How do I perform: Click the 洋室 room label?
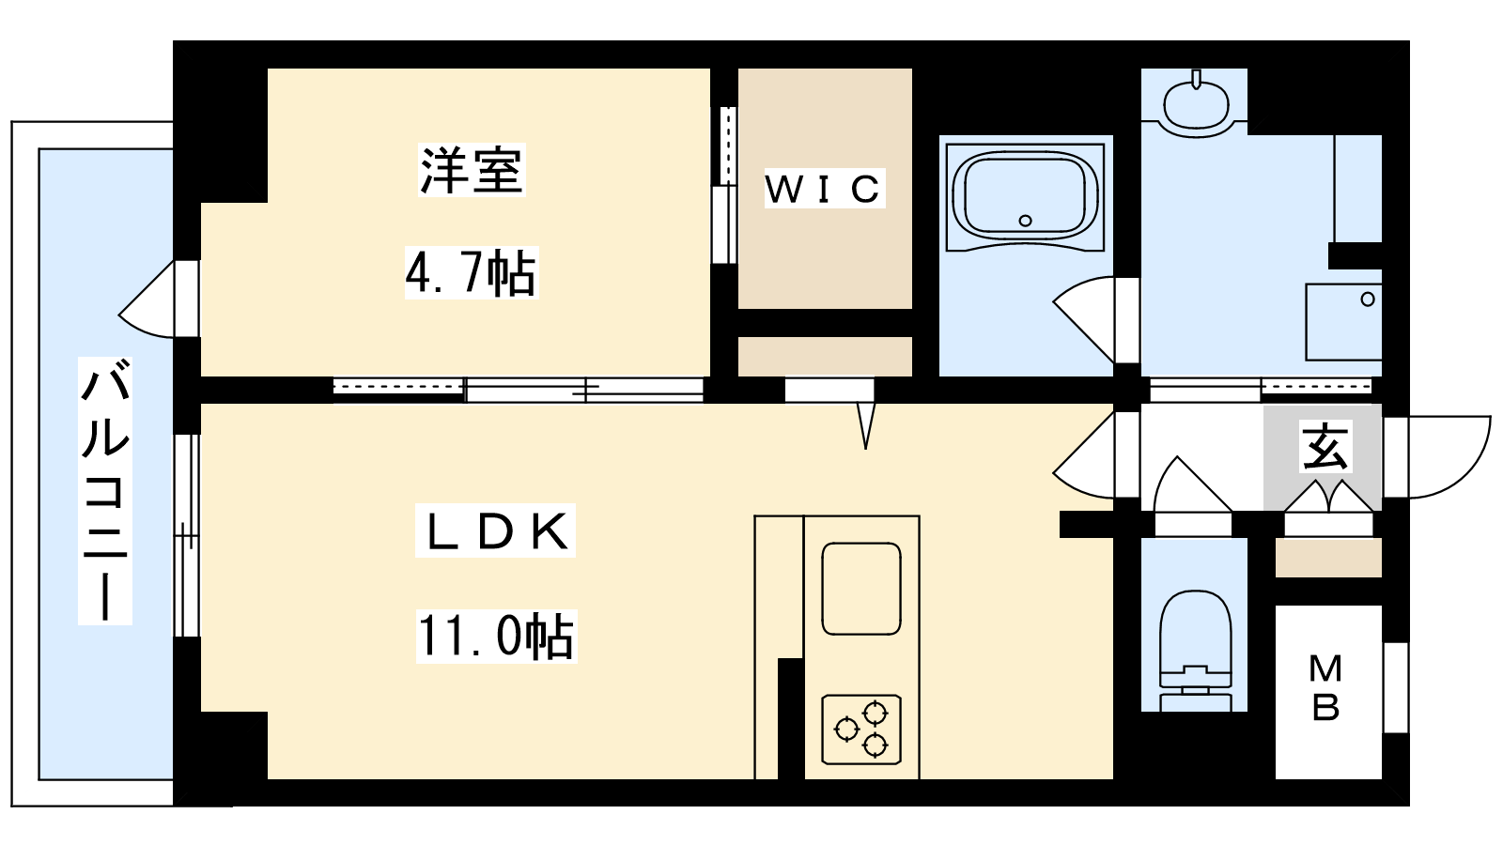pos(472,170)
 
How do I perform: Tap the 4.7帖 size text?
pos(471,273)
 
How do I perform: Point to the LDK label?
pos(496,531)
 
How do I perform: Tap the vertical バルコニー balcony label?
pos(104,490)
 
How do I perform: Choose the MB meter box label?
pos(1325,688)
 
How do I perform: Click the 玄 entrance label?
pos(1325,446)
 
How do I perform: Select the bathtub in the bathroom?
pos(1025,195)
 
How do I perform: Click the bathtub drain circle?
pos(1025,221)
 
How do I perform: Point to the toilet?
pos(1195,650)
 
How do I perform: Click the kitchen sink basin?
pos(861,589)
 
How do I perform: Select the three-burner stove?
pos(861,729)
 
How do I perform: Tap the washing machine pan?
pos(1343,322)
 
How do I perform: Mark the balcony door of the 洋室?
pos(159,300)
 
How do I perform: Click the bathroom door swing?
pos(1095,320)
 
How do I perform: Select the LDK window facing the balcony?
pos(187,535)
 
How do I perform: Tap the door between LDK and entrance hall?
pos(1095,454)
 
